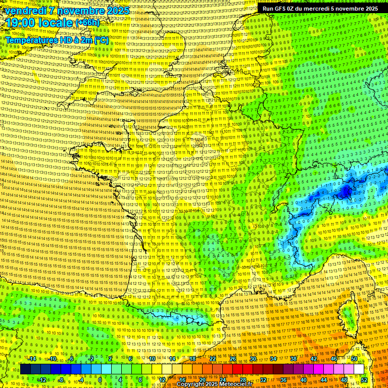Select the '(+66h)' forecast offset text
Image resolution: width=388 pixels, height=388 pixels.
(87, 23)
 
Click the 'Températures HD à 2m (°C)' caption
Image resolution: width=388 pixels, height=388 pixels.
(57, 39)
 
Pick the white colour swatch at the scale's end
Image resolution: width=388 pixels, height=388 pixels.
(359, 369)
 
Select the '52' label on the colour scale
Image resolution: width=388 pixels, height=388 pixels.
(364, 380)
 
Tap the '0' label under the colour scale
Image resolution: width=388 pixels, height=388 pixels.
(100, 380)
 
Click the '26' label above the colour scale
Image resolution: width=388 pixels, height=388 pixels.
(233, 359)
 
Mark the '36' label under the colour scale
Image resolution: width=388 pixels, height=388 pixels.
(283, 380)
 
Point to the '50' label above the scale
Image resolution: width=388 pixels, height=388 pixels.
(354, 359)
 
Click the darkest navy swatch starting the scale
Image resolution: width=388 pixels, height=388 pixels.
(25, 369)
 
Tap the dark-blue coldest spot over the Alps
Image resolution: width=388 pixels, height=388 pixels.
(346, 190)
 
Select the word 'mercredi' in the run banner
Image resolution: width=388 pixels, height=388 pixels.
(317, 8)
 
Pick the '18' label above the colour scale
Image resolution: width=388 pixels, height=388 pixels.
(192, 359)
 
